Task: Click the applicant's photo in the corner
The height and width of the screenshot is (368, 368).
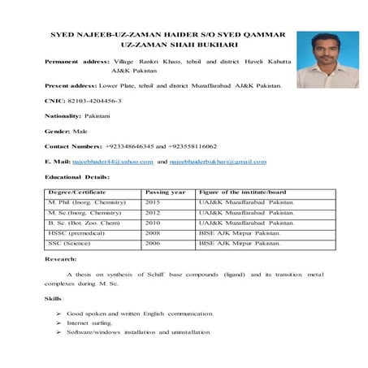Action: tap(327, 59)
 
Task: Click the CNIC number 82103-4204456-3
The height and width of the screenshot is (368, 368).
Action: tap(92, 100)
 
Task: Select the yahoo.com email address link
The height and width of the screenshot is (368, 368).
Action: tap(113, 162)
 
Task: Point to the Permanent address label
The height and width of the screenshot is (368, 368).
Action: tap(78, 61)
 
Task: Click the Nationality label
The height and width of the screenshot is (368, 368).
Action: tap(63, 115)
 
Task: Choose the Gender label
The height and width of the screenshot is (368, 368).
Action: tap(57, 131)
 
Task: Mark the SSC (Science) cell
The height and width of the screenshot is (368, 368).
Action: tap(70, 243)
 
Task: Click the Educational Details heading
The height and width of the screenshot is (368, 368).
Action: tap(77, 176)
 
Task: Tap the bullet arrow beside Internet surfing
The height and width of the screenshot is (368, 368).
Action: tap(59, 323)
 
